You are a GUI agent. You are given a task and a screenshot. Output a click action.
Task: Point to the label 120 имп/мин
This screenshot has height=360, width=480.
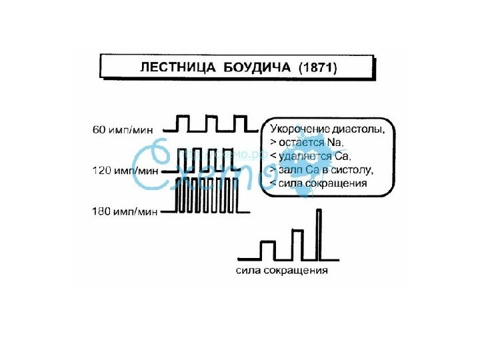[x=125, y=171]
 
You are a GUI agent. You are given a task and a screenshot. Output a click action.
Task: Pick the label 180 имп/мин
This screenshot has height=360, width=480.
[x=125, y=212]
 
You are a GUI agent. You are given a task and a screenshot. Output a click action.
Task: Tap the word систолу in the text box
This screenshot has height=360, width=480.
[x=353, y=169]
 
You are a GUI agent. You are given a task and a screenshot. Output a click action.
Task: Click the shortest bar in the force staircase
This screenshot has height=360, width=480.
[x=267, y=249]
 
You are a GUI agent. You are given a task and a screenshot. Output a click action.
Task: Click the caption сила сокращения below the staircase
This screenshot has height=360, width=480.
[x=282, y=271]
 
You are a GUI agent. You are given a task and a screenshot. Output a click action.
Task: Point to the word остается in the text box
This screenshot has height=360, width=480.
[x=297, y=143]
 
